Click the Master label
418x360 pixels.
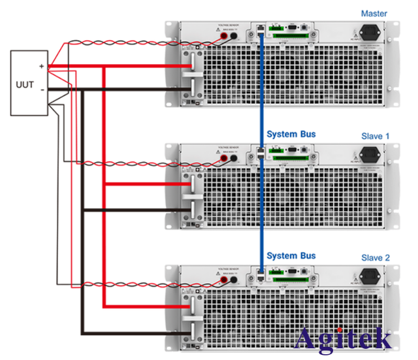tap(374, 13)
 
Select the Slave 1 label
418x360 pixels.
tap(375, 136)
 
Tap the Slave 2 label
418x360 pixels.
tap(375, 258)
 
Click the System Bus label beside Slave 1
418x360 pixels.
tap(291, 135)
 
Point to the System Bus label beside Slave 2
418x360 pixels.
tap(291, 255)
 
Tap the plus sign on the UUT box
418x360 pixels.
tap(41, 66)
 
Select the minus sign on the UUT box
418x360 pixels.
tap(41, 90)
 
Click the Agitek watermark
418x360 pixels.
tap(344, 338)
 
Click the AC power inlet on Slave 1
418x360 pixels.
tap(370, 156)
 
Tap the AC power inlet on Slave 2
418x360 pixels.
tap(370, 277)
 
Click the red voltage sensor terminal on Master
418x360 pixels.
tap(224, 37)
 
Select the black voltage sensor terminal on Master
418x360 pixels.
tap(233, 37)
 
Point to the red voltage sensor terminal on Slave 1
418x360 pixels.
tap(224, 159)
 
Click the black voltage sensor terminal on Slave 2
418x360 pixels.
tap(233, 280)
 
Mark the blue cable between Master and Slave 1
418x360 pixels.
tap(261, 91)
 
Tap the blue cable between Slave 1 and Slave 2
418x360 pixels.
tap(261, 216)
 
